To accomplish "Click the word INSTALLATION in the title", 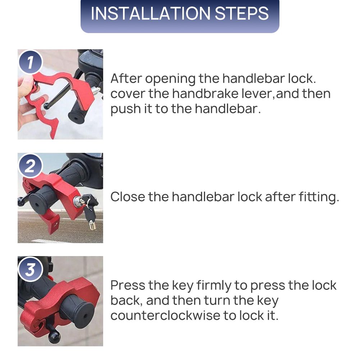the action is click(x=151, y=13).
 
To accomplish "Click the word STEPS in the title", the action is click(x=242, y=13).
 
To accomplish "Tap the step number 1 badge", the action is click(x=30, y=62).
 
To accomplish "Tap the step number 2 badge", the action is click(x=30, y=165).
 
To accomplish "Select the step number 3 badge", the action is click(x=30, y=269).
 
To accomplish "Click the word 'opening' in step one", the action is click(x=170, y=79).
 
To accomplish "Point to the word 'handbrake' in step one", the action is click(x=205, y=94).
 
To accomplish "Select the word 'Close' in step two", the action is click(x=128, y=197).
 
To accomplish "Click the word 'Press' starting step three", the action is click(x=128, y=285).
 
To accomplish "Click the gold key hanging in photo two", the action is click(x=92, y=224).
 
